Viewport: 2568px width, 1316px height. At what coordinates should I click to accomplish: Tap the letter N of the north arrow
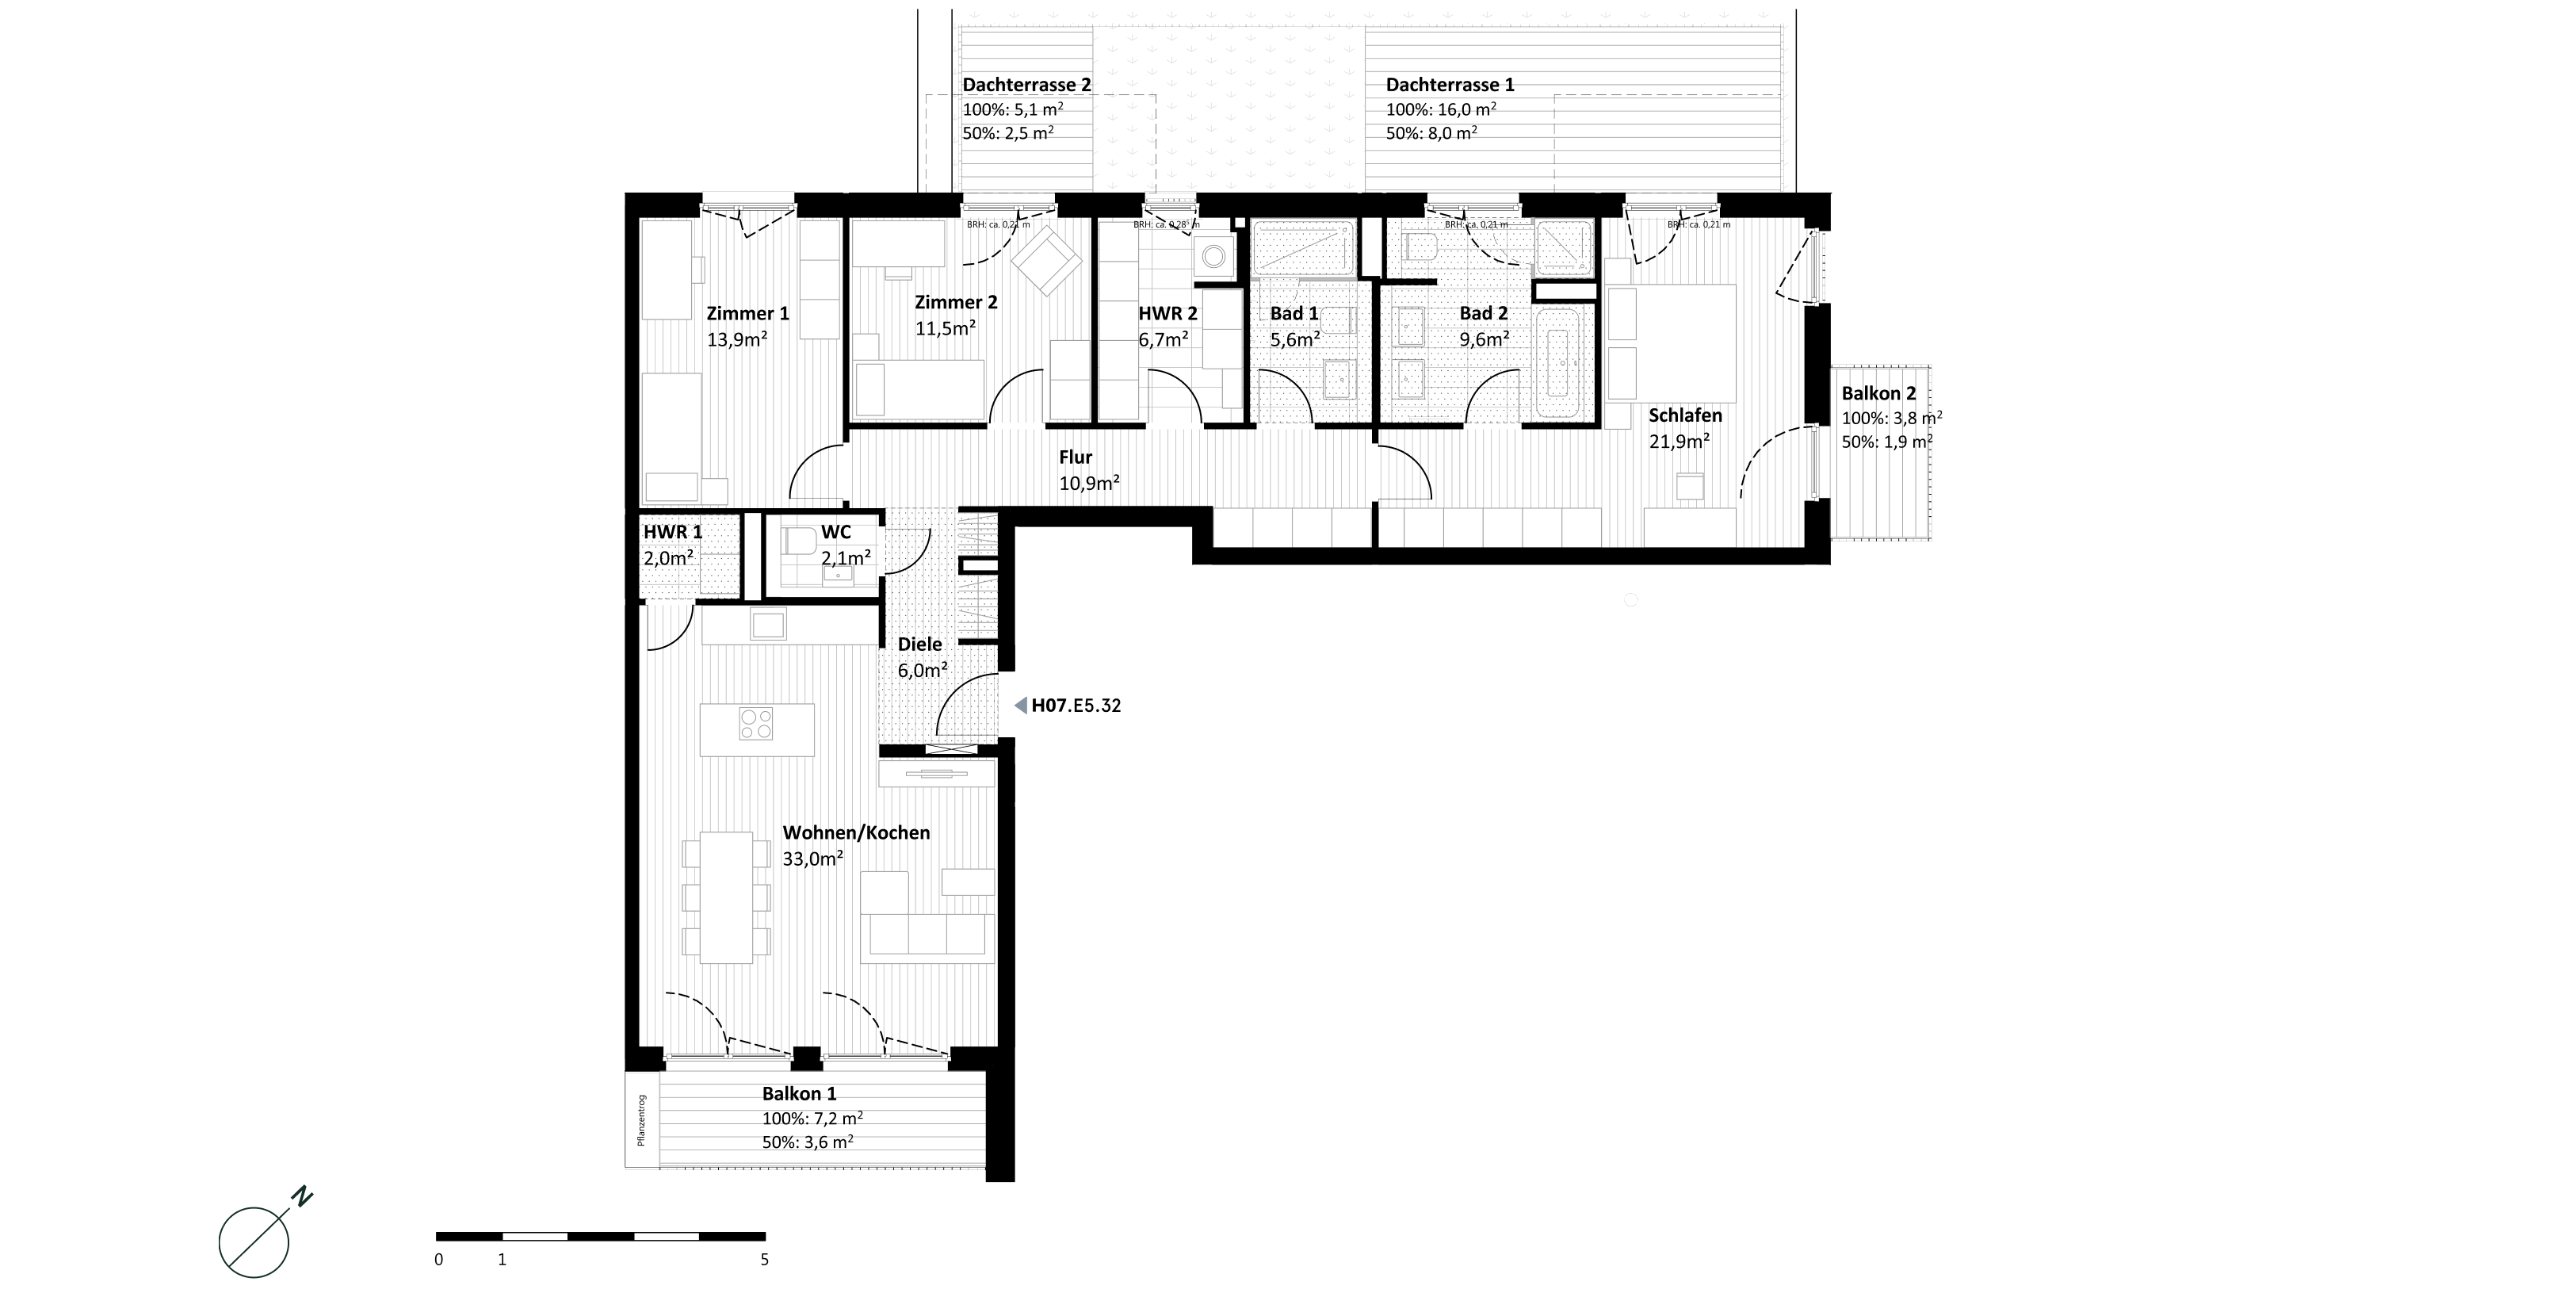point(302,1196)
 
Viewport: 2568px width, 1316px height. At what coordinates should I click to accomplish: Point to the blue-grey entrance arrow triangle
point(1021,706)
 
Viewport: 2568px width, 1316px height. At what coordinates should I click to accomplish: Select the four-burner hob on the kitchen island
point(755,724)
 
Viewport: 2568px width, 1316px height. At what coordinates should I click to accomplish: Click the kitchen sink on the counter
point(767,625)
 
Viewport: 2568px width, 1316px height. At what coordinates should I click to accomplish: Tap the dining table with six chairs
point(727,897)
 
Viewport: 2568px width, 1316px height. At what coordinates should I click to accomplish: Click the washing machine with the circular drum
point(1213,256)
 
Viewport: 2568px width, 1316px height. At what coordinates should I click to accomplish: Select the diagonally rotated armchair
point(1045,260)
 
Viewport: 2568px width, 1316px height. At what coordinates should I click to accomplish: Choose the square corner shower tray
point(1563,247)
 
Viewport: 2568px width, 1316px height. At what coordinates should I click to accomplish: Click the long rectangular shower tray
point(1303,248)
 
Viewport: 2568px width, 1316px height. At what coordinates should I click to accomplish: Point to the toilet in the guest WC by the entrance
point(801,541)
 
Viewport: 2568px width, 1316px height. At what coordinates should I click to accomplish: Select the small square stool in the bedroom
point(1690,487)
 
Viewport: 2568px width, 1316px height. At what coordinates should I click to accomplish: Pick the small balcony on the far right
point(1879,453)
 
